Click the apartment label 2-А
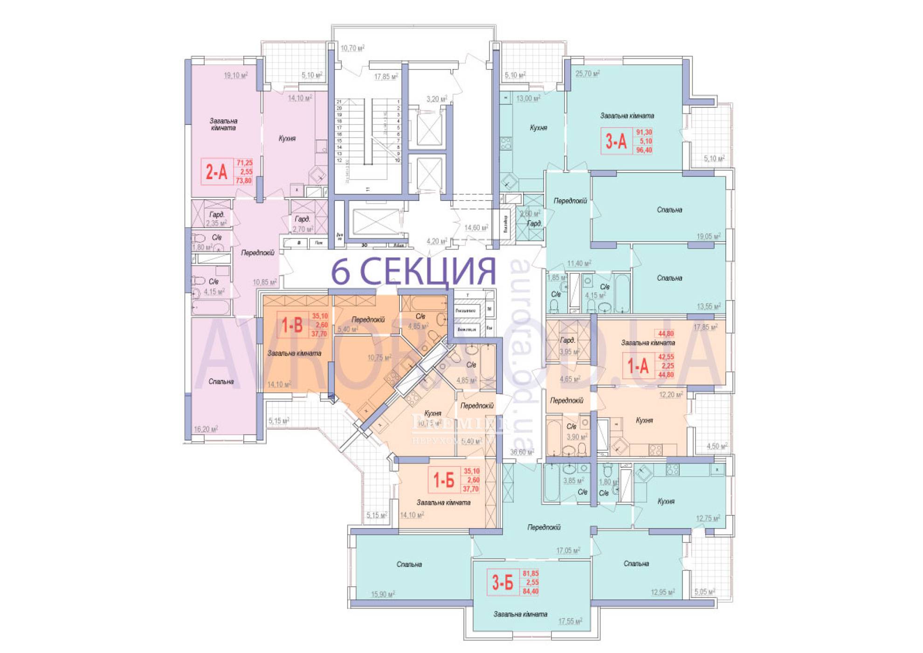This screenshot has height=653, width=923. tap(217, 172)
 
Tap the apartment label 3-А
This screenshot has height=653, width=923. tap(616, 141)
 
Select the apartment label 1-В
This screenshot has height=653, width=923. tap(292, 325)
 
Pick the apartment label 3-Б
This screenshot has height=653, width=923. tap(503, 582)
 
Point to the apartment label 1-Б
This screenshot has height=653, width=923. tap(443, 479)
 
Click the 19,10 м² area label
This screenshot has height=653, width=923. tap(235, 75)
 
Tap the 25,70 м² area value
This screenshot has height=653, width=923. tap(587, 73)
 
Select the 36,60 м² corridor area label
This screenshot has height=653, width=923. tap(522, 452)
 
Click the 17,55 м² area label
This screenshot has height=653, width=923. tap(570, 621)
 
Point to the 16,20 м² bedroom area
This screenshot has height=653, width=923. tap(206, 429)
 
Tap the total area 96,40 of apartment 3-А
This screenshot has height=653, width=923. tap(644, 150)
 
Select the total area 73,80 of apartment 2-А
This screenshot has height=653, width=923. tap(244, 181)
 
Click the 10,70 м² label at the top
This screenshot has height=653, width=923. tap(352, 48)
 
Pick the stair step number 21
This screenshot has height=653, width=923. tap(339, 101)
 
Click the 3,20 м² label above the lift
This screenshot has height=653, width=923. tap(436, 99)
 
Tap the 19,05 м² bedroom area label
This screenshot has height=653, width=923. tap(708, 236)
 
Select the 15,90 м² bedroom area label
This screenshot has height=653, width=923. tap(383, 594)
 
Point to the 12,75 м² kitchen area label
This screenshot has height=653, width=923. tap(708, 518)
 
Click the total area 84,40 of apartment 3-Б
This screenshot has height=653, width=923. tap(530, 591)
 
